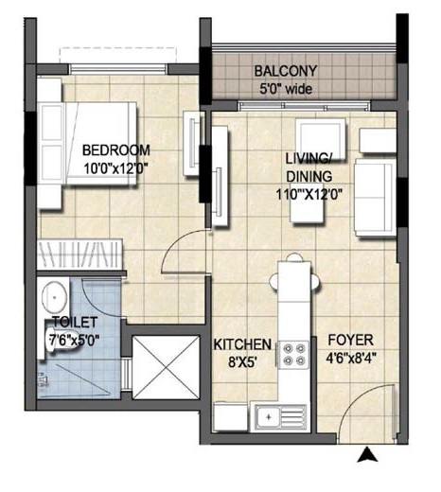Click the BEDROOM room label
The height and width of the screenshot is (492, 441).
click(116, 150)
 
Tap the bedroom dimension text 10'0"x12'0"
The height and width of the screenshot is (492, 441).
click(115, 168)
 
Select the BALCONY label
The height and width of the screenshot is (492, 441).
click(286, 71)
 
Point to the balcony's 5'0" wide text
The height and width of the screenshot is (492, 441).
click(286, 89)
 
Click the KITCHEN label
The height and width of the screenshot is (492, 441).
click(242, 344)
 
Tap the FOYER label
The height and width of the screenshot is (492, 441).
click(351, 340)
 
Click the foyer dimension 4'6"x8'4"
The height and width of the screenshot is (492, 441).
click(351, 358)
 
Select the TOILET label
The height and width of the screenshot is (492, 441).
click(75, 322)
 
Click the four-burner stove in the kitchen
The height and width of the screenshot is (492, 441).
click(292, 355)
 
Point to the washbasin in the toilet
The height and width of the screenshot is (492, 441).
click(54, 296)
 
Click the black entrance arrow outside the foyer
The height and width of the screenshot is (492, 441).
click(367, 454)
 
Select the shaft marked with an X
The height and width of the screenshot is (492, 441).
click(166, 367)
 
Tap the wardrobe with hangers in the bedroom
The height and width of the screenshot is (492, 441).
click(80, 255)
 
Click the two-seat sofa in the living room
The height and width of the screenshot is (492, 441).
click(375, 198)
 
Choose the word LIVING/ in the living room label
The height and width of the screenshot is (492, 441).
click(308, 159)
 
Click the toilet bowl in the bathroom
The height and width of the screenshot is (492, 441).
click(62, 343)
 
